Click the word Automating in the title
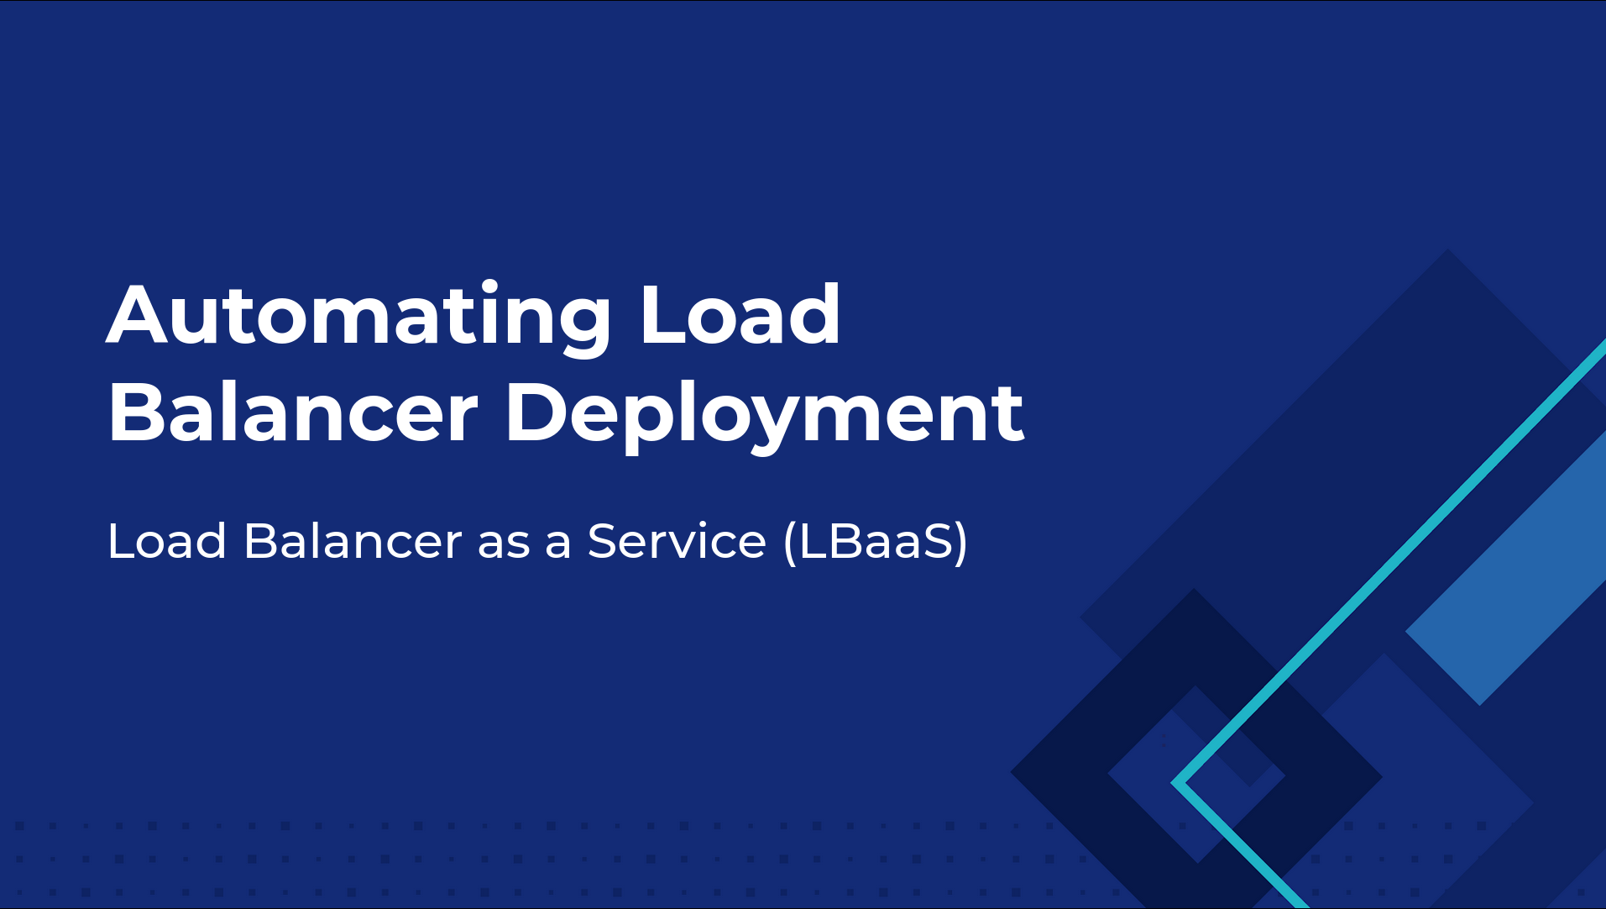point(358,317)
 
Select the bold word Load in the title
point(740,315)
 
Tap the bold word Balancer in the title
point(293,412)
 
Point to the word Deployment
point(764,416)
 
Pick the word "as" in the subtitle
point(504,545)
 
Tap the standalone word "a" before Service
point(558,545)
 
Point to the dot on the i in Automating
point(490,287)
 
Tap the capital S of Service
point(604,540)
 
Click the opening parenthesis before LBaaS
point(790,543)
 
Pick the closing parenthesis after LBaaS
point(961,543)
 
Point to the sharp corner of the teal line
point(1175,783)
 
